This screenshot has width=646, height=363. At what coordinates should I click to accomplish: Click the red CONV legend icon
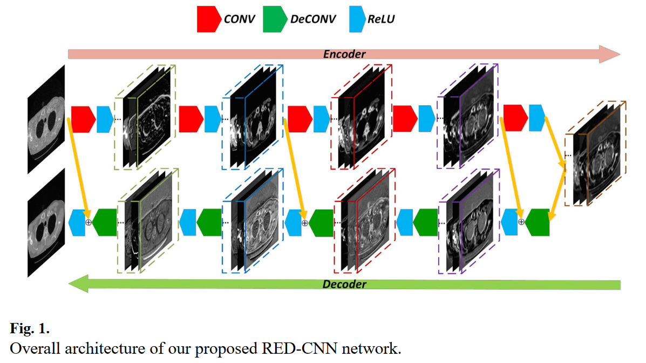coord(209,19)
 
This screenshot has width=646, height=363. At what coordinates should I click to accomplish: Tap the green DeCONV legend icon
coord(275,19)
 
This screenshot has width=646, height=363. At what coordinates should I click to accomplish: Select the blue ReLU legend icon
coord(357,19)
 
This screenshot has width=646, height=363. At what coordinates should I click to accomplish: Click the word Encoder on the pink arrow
coord(344,54)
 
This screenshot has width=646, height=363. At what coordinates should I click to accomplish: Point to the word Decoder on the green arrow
coord(344,284)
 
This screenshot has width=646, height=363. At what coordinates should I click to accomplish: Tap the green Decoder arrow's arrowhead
coord(78,284)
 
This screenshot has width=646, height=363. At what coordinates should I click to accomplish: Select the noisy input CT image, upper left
coord(46,119)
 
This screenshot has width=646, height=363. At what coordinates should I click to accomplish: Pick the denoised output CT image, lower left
coord(46,223)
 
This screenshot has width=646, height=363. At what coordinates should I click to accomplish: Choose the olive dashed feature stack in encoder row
coord(145,117)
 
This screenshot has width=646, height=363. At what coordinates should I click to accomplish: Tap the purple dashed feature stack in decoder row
coord(470,221)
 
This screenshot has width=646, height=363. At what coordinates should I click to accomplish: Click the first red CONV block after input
coord(83,119)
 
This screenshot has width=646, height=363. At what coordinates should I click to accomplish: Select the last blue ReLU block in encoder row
coord(537,118)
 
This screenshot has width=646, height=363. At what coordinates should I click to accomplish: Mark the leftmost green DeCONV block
coord(104,223)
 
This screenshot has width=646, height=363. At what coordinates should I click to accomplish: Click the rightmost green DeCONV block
coord(537,223)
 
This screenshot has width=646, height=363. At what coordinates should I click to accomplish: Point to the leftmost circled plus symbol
coord(88,223)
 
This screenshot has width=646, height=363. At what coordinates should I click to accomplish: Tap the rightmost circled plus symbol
coord(521,222)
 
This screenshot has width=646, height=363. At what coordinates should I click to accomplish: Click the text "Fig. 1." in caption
coord(30,329)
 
